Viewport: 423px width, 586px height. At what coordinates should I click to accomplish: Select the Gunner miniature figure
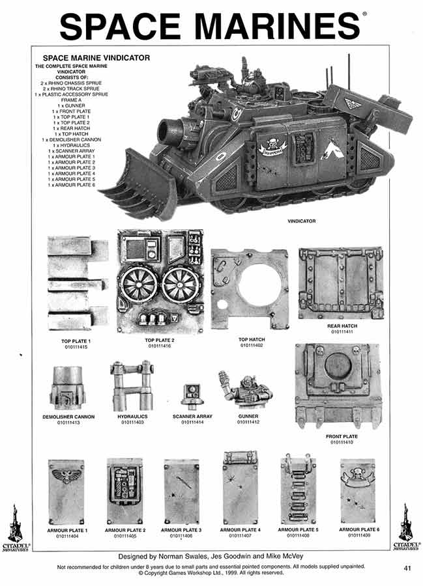tap(242, 391)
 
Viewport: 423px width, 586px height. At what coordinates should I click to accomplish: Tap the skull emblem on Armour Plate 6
tap(357, 473)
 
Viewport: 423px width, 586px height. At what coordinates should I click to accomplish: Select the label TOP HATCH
tap(251, 339)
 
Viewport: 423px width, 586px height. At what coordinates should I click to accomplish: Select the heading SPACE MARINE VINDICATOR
tap(96, 57)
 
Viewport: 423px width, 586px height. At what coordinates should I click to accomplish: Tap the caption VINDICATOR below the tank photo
tap(301, 221)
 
